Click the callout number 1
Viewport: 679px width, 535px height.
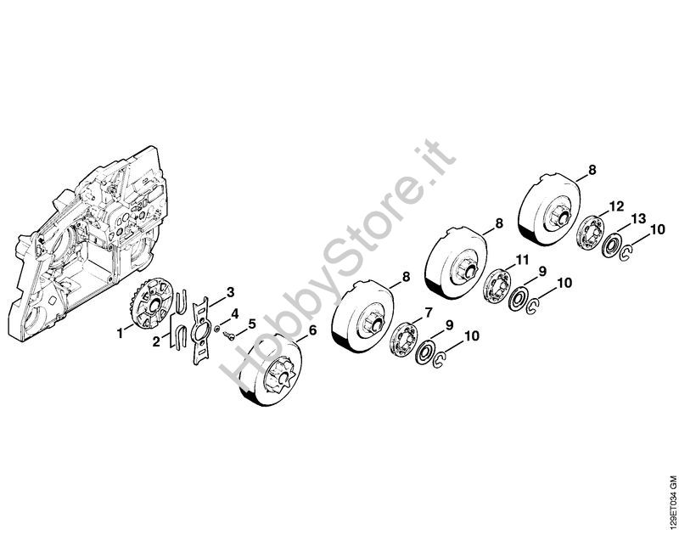120,334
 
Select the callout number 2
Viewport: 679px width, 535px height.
156,341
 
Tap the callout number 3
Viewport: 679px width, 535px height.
231,293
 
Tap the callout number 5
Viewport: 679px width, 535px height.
252,324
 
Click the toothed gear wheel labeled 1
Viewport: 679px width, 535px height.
152,304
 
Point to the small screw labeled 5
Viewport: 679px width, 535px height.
229,336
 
